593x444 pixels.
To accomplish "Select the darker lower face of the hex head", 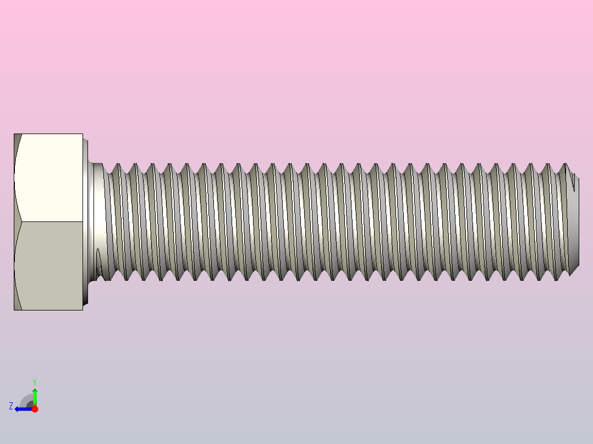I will pyautogui.click(x=50, y=266).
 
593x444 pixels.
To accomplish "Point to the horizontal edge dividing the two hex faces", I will pyautogui.click(x=50, y=222).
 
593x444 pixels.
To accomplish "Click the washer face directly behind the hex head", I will pyautogui.click(x=86, y=222).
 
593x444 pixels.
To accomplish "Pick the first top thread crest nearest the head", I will pyautogui.click(x=116, y=165).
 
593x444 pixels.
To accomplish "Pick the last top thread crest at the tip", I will pyautogui.click(x=564, y=165).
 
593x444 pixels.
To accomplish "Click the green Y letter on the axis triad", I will pyautogui.click(x=35, y=381).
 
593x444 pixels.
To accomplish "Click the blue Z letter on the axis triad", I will pyautogui.click(x=11, y=406).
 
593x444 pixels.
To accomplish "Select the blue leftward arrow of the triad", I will pyautogui.click(x=22, y=409).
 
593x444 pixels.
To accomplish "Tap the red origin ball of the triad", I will pyautogui.click(x=35, y=409).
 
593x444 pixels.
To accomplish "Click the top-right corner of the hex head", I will pyautogui.click(x=82, y=135).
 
